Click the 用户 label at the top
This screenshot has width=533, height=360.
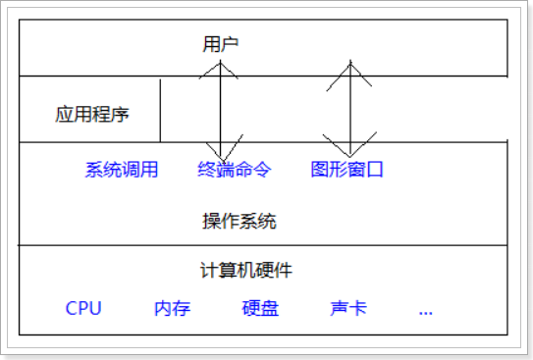(x=221, y=44)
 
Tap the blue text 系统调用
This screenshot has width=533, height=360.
(x=122, y=170)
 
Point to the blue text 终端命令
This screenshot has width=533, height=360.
(x=234, y=170)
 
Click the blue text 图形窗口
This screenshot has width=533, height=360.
(x=346, y=170)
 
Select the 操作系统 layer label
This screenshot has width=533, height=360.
(x=240, y=222)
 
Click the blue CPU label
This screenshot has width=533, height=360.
(x=83, y=309)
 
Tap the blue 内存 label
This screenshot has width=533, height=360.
(x=172, y=309)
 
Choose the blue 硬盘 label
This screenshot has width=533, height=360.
(x=260, y=309)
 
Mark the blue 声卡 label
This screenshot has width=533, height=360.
(x=348, y=309)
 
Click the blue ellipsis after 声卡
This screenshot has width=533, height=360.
(x=425, y=311)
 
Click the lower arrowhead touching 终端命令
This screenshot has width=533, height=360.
(x=220, y=154)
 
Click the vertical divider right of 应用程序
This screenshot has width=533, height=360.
(x=160, y=109)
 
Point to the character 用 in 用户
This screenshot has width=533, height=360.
(x=211, y=44)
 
